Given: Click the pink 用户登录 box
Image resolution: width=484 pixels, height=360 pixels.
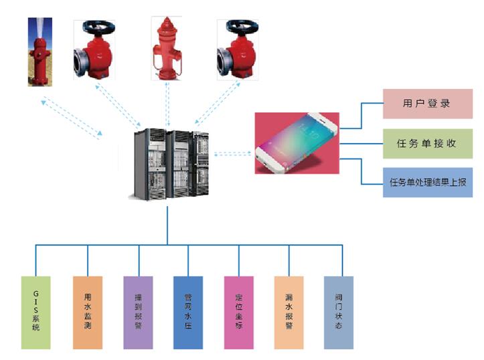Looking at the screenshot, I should (427, 104).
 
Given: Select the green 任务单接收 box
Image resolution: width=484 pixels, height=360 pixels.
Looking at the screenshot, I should (427, 143).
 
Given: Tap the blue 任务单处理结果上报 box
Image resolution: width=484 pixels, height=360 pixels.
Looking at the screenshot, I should (427, 182).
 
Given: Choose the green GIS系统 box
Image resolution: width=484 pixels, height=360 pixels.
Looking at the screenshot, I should (35, 312).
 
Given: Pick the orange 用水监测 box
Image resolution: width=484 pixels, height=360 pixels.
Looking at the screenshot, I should (88, 312).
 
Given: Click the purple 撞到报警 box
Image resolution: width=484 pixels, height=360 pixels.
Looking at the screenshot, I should (139, 312).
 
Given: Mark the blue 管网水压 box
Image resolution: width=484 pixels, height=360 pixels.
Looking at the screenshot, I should (188, 312).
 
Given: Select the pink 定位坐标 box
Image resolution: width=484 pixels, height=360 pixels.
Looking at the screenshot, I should (239, 312).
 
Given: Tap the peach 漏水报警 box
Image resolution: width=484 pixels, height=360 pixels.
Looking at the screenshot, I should (289, 312).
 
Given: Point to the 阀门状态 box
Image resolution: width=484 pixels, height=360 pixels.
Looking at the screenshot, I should (338, 312).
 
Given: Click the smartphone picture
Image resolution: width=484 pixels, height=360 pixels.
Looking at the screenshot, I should (297, 143).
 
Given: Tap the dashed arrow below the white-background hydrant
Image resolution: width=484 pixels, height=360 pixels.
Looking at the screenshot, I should (168, 104).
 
